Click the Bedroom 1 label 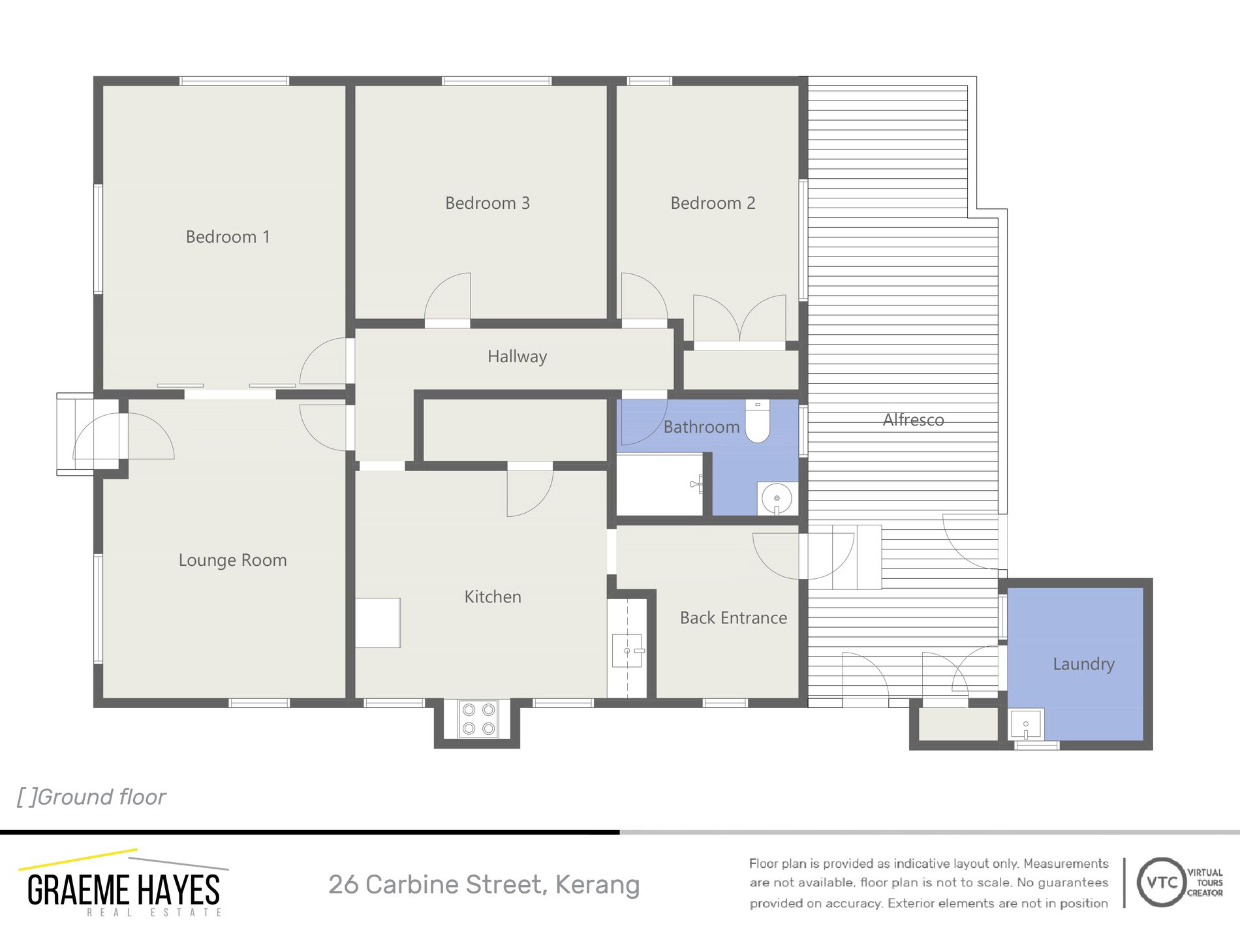tap(228, 237)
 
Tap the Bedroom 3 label tap(488, 203)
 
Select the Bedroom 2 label tap(713, 203)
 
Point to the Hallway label tap(517, 357)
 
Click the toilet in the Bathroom tap(757, 421)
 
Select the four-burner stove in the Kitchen tap(478, 719)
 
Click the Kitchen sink tap(627, 651)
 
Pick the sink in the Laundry tap(1027, 724)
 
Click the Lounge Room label tap(232, 561)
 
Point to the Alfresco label tap(913, 420)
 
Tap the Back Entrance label tap(734, 618)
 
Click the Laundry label tap(1083, 664)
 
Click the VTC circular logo tap(1162, 882)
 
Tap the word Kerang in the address tap(597, 886)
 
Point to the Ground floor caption tap(91, 798)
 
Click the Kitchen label tap(493, 597)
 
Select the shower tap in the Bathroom tap(697, 484)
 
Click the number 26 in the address tap(344, 885)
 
